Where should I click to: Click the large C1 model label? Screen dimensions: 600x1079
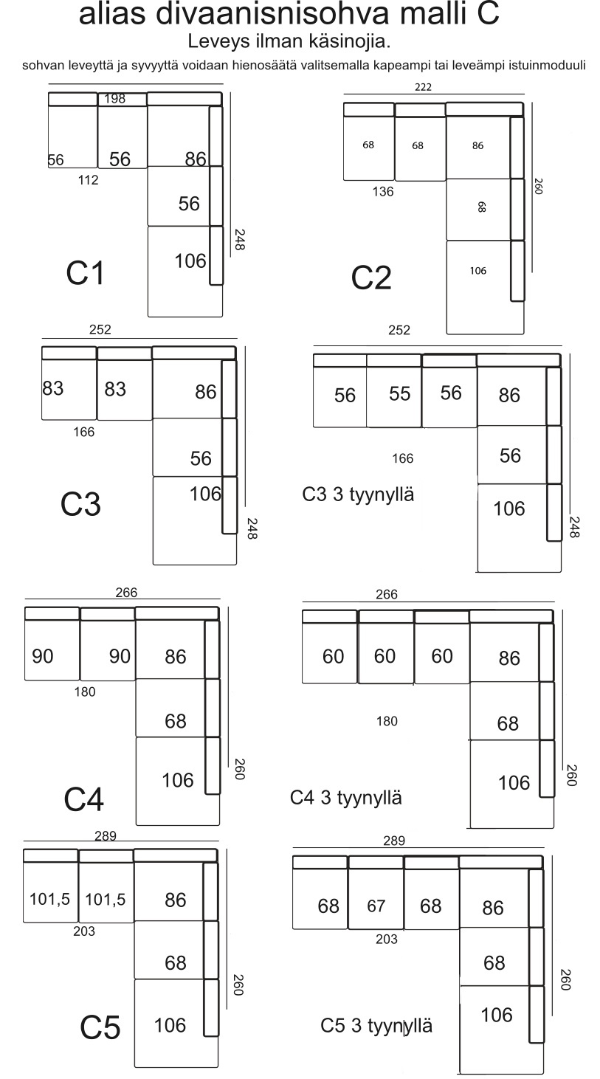(85, 273)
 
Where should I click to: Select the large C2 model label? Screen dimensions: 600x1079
(370, 278)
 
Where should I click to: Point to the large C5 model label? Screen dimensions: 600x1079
(100, 1027)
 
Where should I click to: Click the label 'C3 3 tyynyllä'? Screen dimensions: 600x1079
(358, 494)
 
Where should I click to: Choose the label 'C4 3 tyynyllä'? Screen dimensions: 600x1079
(345, 798)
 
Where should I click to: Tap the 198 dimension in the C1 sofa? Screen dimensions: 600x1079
(114, 99)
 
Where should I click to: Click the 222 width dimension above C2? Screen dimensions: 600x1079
(423, 87)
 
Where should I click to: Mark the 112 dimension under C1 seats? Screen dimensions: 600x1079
(88, 180)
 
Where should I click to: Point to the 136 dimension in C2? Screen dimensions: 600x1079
(383, 192)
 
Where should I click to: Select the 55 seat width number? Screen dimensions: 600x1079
(400, 394)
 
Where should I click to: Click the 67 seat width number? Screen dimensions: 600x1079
(376, 906)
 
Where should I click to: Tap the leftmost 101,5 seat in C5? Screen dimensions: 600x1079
(49, 899)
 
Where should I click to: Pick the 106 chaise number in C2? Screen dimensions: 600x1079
(478, 271)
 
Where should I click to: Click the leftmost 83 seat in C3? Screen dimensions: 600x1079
(53, 388)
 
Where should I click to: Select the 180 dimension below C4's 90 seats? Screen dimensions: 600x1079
(85, 692)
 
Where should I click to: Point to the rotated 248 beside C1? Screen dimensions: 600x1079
(239, 239)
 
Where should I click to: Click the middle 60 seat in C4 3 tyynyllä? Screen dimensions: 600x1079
(385, 656)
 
